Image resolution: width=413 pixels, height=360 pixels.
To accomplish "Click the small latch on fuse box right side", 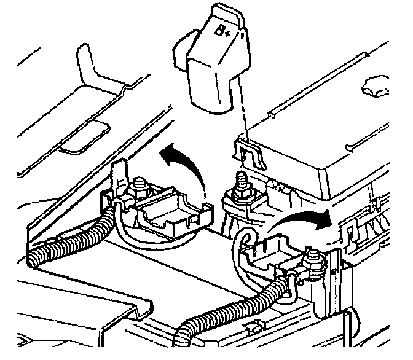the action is [x=348, y=230].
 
